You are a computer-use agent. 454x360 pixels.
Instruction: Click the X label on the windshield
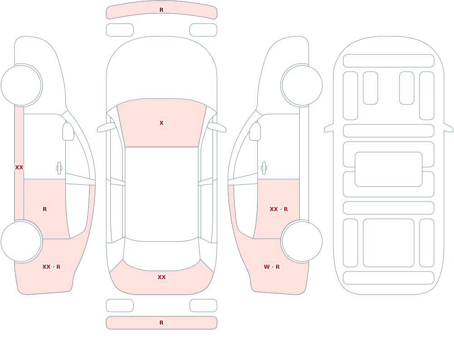[x=161, y=123]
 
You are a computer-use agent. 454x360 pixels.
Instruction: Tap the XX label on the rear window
[x=161, y=277]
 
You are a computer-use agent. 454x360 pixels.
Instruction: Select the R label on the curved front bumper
[x=161, y=10]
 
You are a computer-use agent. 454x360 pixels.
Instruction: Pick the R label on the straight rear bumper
[x=161, y=323]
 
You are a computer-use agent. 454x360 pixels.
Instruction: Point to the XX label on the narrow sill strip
[x=19, y=168]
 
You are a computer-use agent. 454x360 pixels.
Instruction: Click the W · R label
[x=271, y=267]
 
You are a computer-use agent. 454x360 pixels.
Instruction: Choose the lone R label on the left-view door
[x=44, y=209]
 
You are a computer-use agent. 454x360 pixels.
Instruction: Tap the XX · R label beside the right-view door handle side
[x=279, y=209]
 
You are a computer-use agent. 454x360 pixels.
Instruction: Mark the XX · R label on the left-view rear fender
[x=51, y=267]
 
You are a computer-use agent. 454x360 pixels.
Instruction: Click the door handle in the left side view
[x=59, y=168]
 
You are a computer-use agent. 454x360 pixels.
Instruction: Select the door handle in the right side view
[x=264, y=168]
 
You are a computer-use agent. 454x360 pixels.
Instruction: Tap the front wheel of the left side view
[x=21, y=85]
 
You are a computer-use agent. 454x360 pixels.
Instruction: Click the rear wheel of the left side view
[x=21, y=241]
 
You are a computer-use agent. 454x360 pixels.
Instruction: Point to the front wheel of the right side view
[x=302, y=85]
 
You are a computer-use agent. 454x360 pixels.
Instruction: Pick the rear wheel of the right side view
[x=302, y=241]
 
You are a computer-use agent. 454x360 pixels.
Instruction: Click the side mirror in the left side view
[x=68, y=132]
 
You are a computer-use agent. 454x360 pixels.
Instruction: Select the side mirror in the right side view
[x=255, y=132]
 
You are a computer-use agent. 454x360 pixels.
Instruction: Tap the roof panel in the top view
[x=162, y=194]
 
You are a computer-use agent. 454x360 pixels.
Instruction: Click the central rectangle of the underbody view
[x=389, y=169]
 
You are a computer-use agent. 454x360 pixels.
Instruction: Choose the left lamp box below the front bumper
[x=120, y=30]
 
